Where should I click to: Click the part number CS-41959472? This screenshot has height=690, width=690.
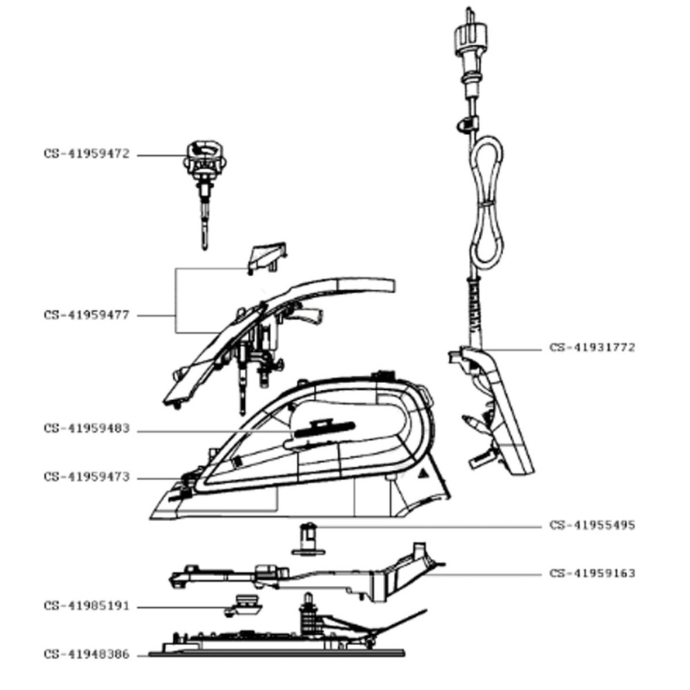click(x=86, y=155)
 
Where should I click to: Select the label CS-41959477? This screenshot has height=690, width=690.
click(x=86, y=315)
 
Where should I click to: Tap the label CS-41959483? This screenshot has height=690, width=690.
click(x=86, y=429)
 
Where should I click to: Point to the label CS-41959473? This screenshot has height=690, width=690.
click(x=86, y=477)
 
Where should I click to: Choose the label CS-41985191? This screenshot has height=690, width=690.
click(x=86, y=607)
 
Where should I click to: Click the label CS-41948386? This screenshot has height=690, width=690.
click(x=86, y=654)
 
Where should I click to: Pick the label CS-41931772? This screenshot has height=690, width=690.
click(x=592, y=347)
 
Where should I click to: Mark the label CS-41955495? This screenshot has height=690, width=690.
click(x=592, y=525)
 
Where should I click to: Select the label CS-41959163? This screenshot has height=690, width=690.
click(x=592, y=573)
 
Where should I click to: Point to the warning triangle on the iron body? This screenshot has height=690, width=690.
click(x=423, y=474)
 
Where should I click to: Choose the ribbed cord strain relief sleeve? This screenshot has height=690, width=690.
click(x=473, y=307)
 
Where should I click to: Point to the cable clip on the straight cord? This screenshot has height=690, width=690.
click(x=466, y=125)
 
